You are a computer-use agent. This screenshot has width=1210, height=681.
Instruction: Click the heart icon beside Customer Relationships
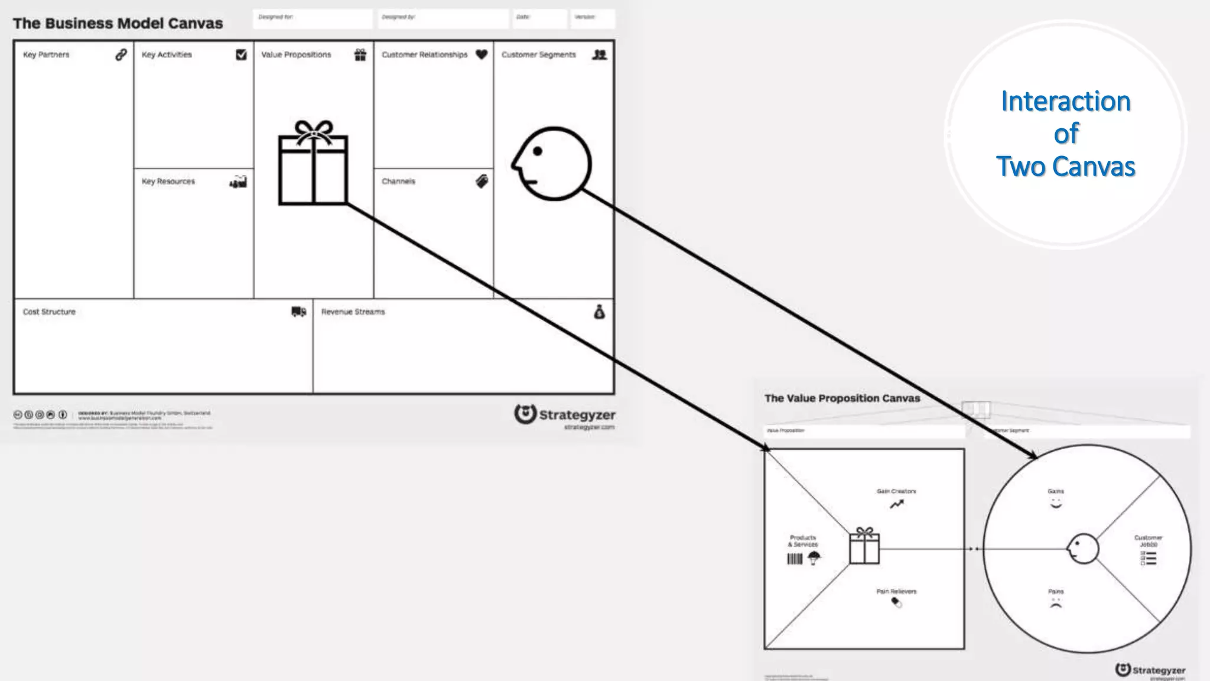(482, 54)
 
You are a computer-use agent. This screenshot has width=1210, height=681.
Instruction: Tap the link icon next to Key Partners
(121, 54)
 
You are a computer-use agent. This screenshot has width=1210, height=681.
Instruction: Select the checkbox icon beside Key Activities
(241, 54)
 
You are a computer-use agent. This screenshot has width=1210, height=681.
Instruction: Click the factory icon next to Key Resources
(239, 181)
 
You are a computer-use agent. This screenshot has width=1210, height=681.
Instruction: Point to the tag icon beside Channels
(482, 181)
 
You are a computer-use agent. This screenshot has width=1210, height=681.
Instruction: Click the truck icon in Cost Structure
(299, 312)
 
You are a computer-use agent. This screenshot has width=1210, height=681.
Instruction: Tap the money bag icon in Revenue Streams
(599, 312)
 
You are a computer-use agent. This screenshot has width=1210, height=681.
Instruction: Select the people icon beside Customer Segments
(600, 54)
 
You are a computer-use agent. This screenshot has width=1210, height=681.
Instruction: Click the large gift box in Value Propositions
(313, 164)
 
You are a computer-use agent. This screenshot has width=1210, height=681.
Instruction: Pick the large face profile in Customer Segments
(552, 164)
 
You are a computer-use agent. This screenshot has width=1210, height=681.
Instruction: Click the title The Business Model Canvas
(118, 24)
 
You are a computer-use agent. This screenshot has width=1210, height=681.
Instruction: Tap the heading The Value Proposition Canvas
(842, 398)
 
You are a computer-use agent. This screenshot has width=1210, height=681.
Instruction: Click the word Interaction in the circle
(1066, 101)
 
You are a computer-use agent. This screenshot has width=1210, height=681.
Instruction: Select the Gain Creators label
(896, 491)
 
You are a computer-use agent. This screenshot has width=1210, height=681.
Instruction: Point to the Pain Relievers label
(896, 591)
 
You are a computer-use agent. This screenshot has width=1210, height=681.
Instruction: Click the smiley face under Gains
(1056, 504)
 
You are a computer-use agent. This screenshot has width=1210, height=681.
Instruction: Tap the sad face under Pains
(1056, 604)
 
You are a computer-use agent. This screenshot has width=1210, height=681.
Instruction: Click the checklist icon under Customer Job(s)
(1149, 558)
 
